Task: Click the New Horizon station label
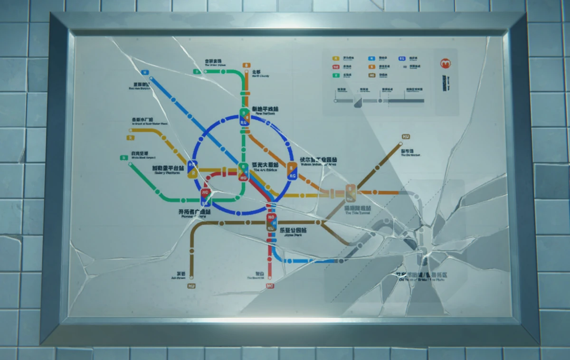[x=265, y=111]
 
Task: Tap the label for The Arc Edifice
[x=265, y=166]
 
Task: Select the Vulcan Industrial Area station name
[x=318, y=161]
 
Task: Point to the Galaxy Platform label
[x=168, y=170]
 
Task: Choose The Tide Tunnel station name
[x=357, y=210]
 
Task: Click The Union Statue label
[x=213, y=63]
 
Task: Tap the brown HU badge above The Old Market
[x=406, y=137]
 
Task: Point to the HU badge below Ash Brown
[x=192, y=285]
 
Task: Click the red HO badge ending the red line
[x=270, y=286]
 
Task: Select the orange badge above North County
[x=246, y=65]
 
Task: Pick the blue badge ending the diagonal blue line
[x=145, y=73]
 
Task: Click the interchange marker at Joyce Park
[x=271, y=222]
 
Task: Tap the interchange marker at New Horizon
[x=244, y=117]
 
